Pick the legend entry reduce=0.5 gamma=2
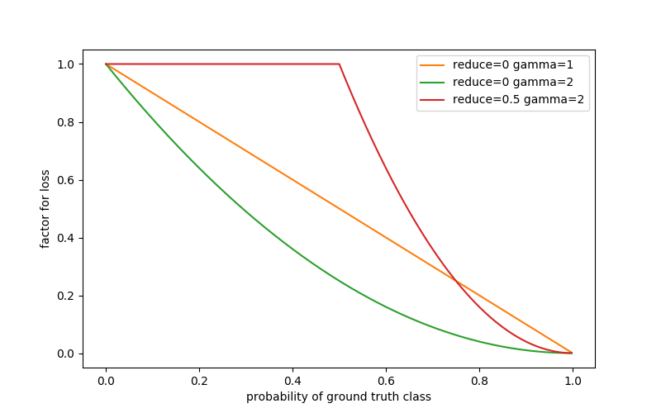503,100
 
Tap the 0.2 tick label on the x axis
199,382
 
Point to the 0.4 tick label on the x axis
292,382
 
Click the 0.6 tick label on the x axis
386,382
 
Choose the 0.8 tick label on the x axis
479,382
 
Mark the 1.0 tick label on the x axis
572,382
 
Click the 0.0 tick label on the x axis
106,382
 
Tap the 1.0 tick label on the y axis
66,64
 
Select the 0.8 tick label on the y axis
66,122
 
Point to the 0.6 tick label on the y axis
66,180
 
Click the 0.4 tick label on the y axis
66,238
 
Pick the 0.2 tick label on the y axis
66,296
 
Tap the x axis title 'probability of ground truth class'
339,397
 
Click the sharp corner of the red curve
339,64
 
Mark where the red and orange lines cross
455,281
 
